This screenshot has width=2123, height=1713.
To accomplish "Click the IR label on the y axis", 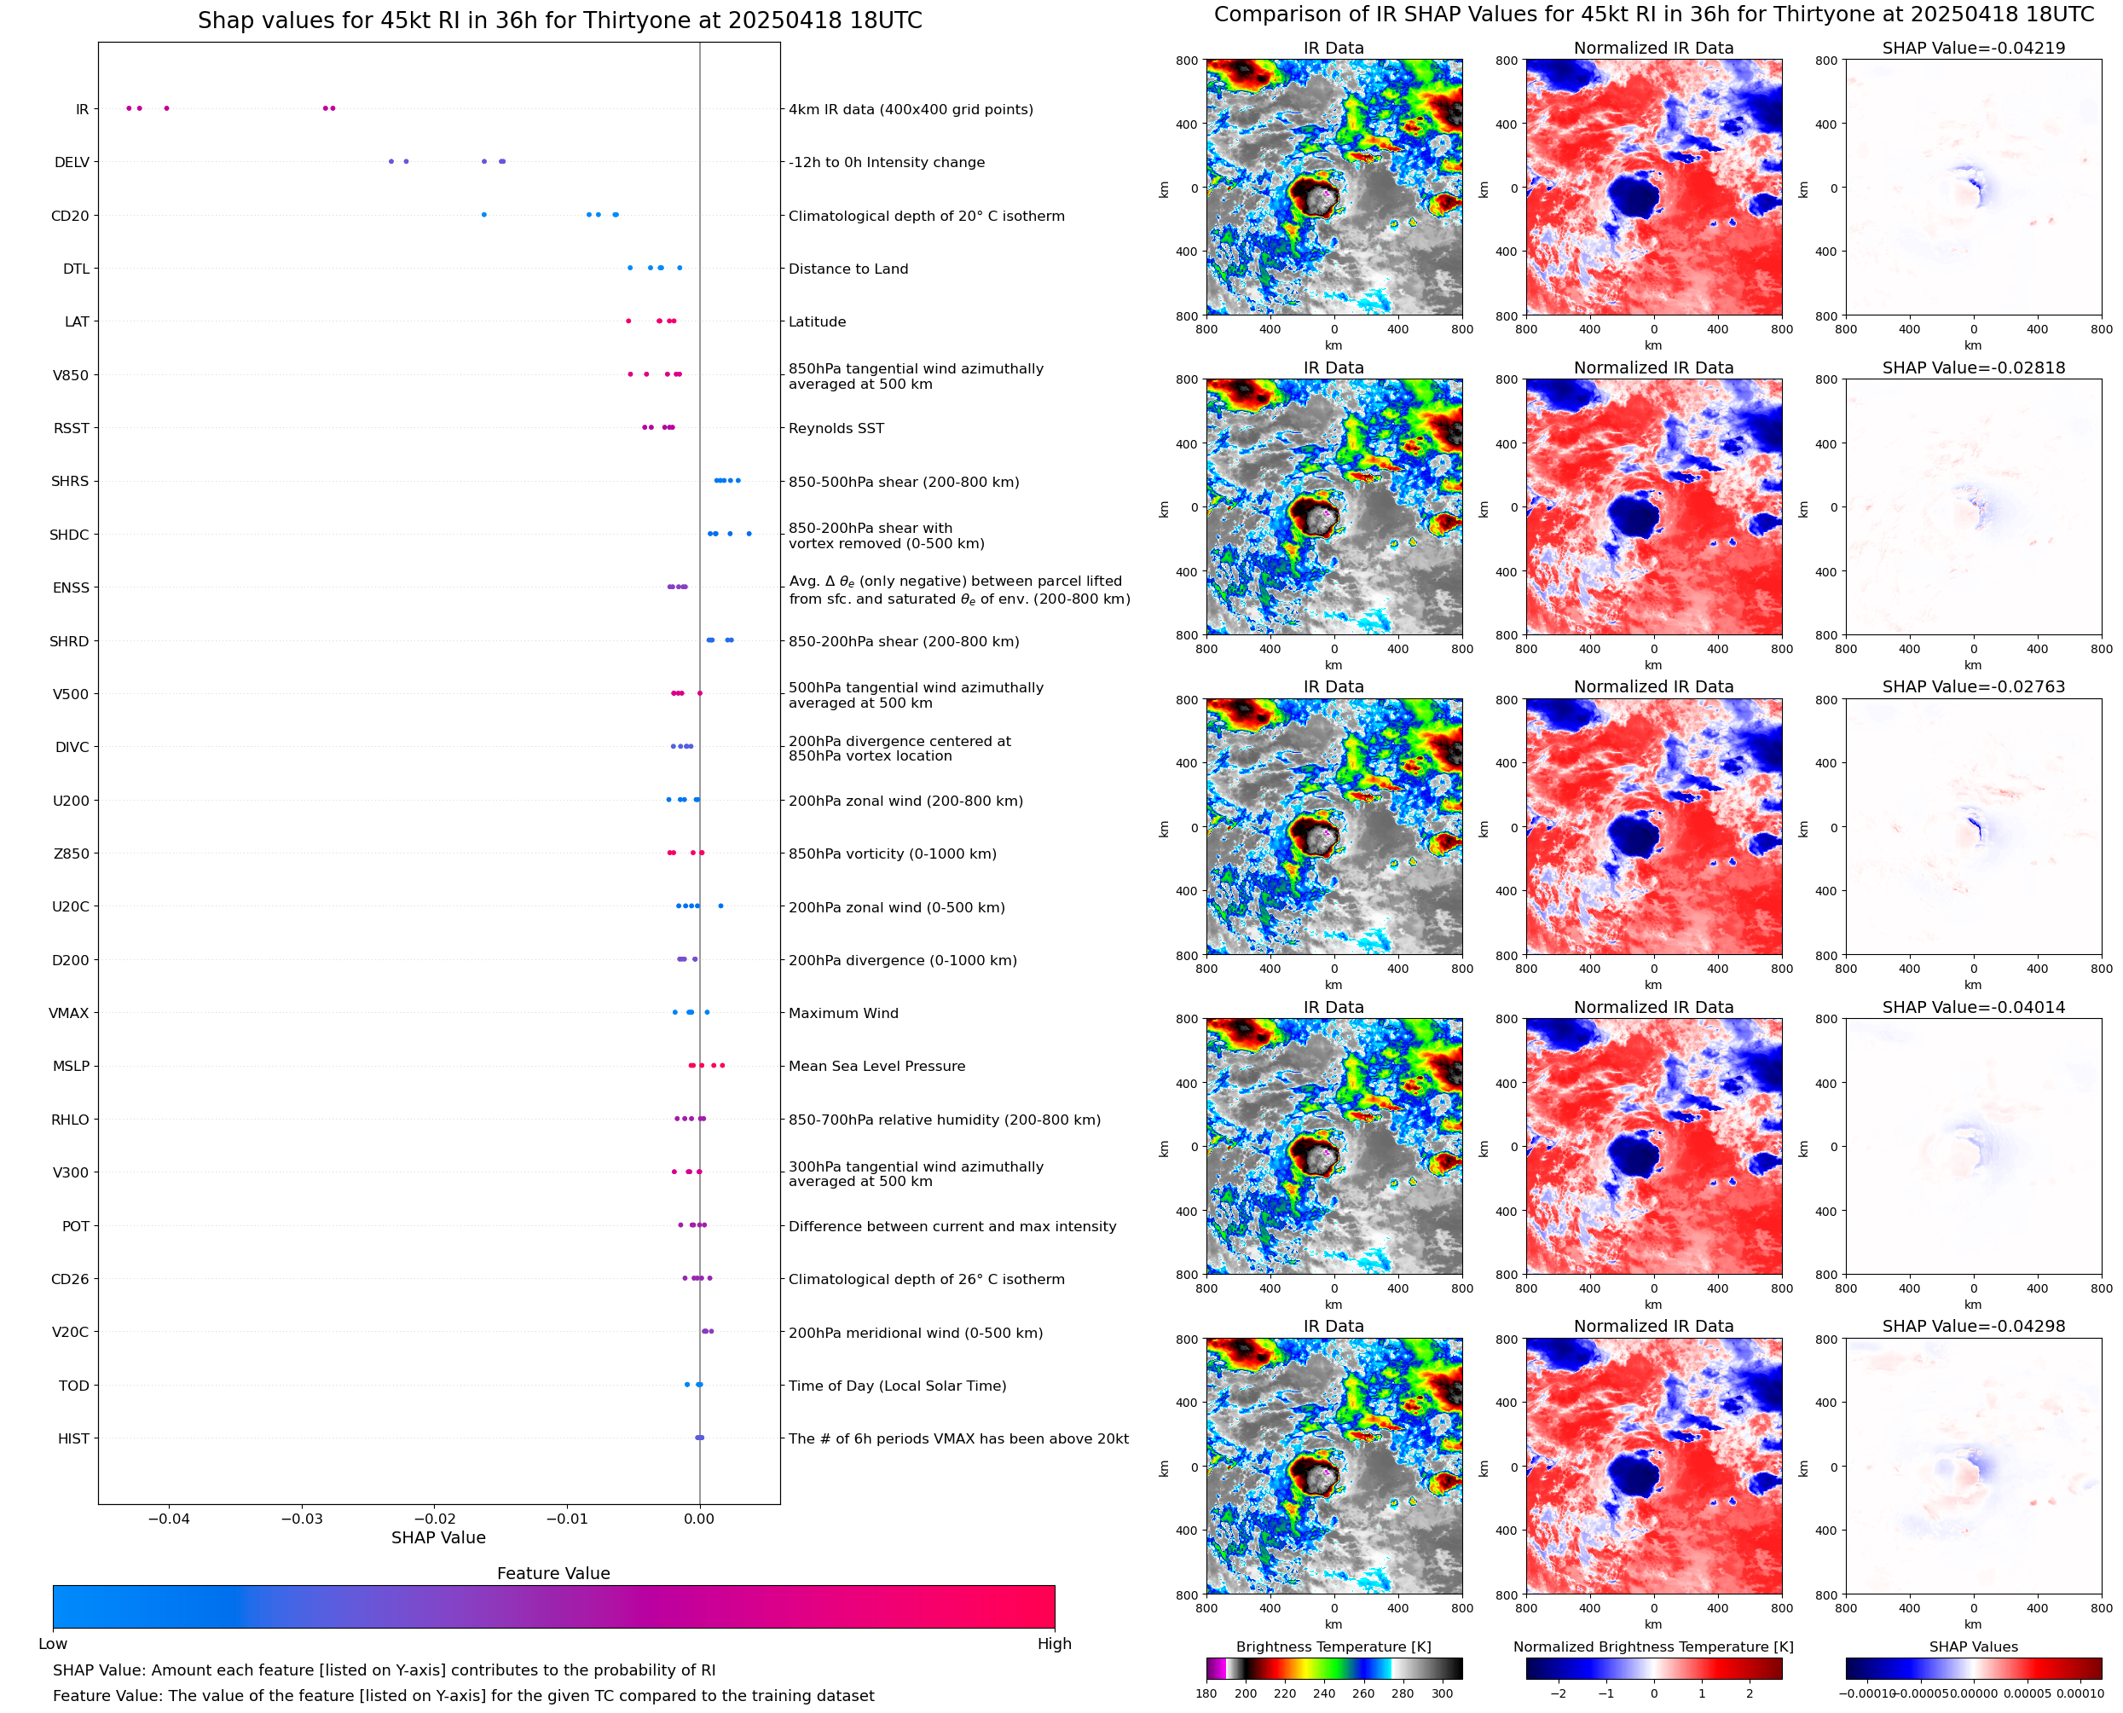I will (82, 109).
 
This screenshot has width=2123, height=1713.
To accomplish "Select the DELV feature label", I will (71, 163).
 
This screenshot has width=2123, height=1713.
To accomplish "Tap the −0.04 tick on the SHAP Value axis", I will (168, 1519).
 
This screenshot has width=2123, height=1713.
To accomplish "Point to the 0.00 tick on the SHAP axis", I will (698, 1519).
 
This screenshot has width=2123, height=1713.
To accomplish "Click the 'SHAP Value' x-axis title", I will (438, 1537).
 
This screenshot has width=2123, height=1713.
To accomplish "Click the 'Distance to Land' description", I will (847, 269).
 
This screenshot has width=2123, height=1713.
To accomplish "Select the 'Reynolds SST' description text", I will (836, 428).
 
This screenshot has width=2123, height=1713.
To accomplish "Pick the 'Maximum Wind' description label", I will (842, 1014).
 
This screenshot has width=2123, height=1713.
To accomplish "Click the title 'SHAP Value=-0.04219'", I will (1972, 49).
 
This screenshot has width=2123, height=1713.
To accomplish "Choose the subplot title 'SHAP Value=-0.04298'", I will (1972, 1326).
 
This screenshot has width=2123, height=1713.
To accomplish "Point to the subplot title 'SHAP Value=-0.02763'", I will (1972, 686).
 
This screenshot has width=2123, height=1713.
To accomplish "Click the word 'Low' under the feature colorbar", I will (52, 1644).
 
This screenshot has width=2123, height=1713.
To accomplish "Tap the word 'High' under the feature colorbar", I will (1054, 1644).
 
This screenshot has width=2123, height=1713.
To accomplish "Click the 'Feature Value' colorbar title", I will (552, 1573).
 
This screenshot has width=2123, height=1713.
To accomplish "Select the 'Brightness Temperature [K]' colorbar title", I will (1333, 1646).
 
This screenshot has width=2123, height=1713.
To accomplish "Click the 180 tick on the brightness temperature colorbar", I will (1206, 1693).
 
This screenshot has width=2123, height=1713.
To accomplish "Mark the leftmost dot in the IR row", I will (128, 108).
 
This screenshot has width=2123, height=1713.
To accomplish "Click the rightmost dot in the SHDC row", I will (749, 534).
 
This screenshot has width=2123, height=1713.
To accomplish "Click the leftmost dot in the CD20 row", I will (483, 215).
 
